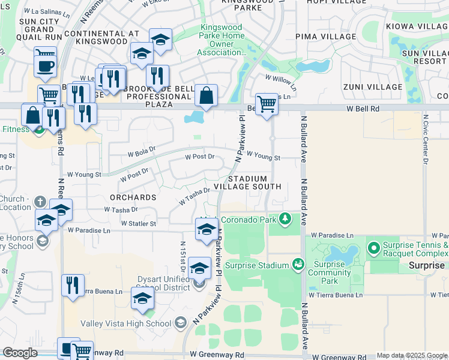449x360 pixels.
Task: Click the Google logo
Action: click(x=20, y=353)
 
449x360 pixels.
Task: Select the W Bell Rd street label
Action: click(x=363, y=109)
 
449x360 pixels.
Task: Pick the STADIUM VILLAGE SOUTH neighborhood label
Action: click(x=255, y=182)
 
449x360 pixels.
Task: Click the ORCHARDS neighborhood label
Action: click(x=133, y=197)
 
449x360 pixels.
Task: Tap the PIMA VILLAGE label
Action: click(x=330, y=37)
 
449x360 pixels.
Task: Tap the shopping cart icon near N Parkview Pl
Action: click(x=267, y=103)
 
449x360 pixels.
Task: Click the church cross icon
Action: click(x=40, y=202)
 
